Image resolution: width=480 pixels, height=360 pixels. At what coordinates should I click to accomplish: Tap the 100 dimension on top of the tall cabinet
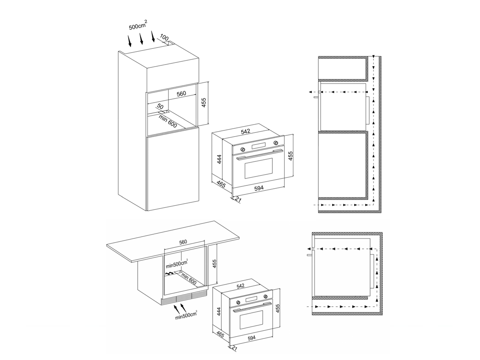pyautogui.click(x=164, y=38)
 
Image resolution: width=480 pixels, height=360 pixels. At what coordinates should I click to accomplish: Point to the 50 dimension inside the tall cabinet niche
pyautogui.click(x=160, y=107)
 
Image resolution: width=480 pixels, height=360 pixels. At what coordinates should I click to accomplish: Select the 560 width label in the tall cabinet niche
pyautogui.click(x=181, y=94)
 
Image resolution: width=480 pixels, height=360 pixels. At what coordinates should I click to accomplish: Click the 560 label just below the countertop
pyautogui.click(x=183, y=242)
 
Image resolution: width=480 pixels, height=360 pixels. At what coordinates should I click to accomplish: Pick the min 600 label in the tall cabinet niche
pyautogui.click(x=168, y=121)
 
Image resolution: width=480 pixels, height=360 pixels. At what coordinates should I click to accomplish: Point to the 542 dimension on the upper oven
pyautogui.click(x=245, y=131)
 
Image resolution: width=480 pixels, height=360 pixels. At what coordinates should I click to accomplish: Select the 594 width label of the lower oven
pyautogui.click(x=251, y=338)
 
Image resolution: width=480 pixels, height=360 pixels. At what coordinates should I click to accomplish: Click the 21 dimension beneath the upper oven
pyautogui.click(x=239, y=199)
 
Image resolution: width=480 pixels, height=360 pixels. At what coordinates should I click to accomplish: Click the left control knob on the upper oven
pyautogui.click(x=243, y=149)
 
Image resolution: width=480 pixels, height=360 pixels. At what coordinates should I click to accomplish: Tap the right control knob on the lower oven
pyautogui.click(x=265, y=296)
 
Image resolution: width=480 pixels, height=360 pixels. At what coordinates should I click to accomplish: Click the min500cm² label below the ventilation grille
pyautogui.click(x=186, y=315)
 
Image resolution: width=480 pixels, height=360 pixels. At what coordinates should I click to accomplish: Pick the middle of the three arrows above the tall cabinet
pyautogui.click(x=141, y=38)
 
